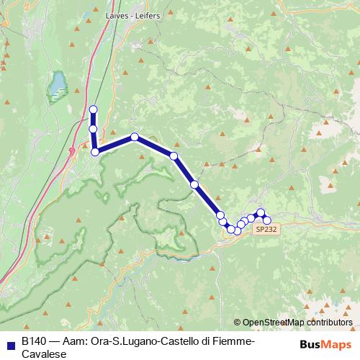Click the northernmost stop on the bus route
[93, 109]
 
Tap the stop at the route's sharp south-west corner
[95, 151]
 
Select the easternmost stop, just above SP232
[267, 220]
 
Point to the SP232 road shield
[264, 229]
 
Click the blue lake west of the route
[56, 86]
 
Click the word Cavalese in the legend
[44, 354]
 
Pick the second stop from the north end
[93, 129]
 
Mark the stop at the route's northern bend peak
[135, 136]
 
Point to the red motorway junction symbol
[72, 150]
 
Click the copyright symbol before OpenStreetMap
[238, 323]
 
